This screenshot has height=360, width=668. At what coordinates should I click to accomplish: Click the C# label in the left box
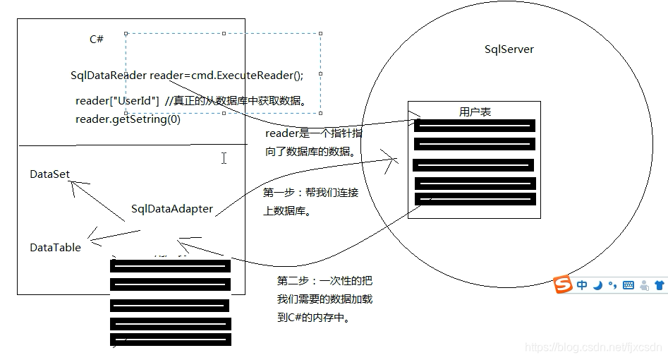coord(97,40)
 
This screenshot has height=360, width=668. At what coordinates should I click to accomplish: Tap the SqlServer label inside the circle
coord(509,49)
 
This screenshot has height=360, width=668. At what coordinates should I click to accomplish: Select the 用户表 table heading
coord(475,112)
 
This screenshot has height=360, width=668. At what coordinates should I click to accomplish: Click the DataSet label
coord(49,174)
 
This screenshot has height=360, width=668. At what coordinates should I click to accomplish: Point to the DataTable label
coord(55,248)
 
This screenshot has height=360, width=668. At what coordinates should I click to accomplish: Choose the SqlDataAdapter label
coord(172,209)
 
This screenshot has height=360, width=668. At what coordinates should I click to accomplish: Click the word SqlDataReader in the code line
coord(109,76)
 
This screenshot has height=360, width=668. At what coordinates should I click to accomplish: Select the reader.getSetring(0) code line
coord(128,119)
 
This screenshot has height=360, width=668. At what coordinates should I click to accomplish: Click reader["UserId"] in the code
coord(116,101)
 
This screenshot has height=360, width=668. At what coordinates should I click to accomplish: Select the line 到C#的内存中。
coord(314,318)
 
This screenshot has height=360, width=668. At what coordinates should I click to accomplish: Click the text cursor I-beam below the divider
coord(224,158)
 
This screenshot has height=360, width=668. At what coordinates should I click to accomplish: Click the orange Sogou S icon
coord(562,285)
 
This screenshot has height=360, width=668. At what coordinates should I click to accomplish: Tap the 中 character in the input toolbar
coord(582,285)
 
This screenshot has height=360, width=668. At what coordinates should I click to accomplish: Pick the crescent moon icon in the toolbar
coord(597,285)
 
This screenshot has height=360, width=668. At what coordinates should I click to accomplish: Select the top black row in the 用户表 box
coord(474,126)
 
